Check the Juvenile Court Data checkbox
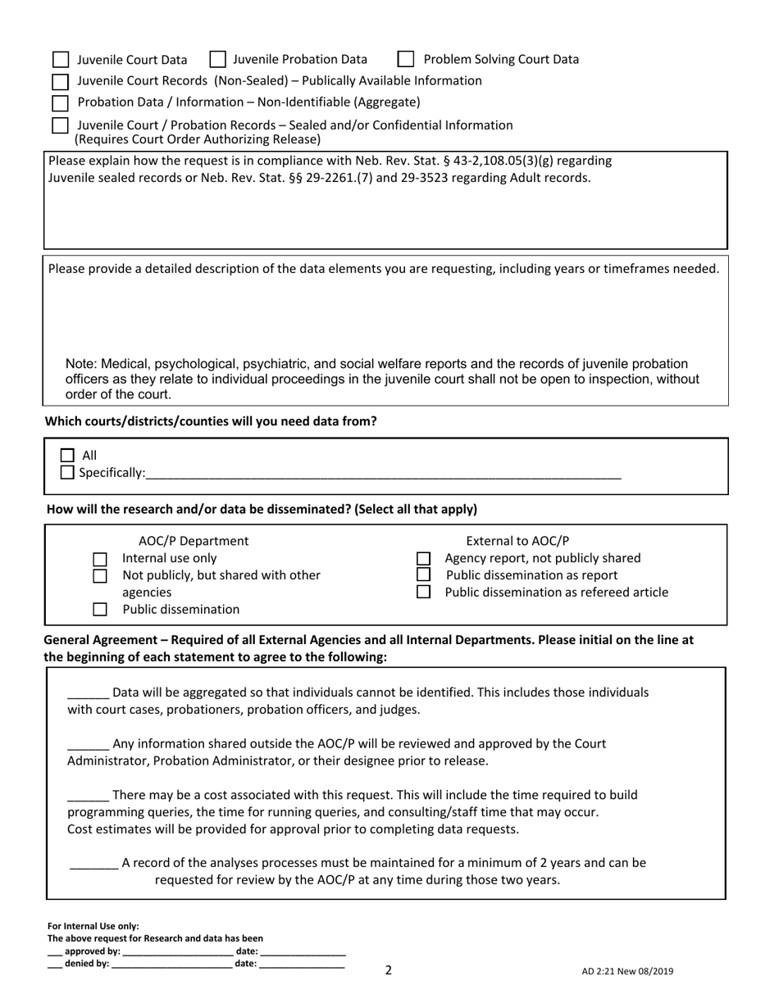61,60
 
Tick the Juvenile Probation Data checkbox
218,59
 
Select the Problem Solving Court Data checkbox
406,59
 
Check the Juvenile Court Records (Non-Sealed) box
61,81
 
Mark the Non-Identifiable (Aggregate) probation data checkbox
61,103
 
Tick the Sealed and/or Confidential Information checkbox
61,125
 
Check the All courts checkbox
68,456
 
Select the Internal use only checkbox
100,559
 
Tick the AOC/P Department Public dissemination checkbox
100,610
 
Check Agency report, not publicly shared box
424,559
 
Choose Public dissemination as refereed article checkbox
424,593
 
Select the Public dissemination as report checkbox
424,575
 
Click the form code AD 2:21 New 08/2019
627,972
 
